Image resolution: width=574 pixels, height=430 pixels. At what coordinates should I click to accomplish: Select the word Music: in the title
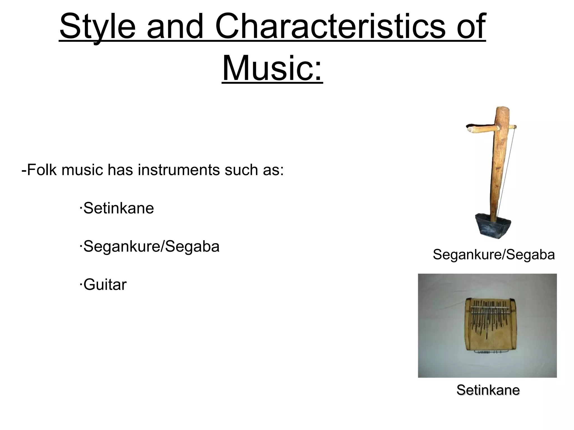[272, 69]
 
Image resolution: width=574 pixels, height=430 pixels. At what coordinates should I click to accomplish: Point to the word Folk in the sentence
[42, 170]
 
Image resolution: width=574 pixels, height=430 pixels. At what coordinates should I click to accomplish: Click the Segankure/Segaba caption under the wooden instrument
[494, 255]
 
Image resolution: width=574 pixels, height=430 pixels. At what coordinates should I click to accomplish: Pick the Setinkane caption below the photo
[488, 390]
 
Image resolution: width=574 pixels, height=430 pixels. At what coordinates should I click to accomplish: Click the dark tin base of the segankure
[493, 225]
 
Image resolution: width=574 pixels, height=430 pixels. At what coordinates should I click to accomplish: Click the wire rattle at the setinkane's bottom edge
[488, 352]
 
